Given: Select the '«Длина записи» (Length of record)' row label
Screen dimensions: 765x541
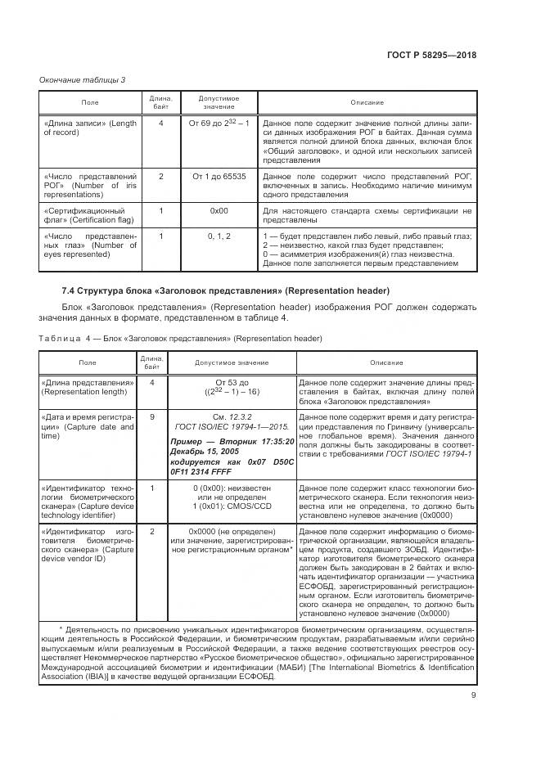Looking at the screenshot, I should pos(89,128).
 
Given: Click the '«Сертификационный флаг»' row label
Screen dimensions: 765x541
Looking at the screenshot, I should pos(89,215).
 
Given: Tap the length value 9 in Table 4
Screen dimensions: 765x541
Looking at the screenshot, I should pos(151,417).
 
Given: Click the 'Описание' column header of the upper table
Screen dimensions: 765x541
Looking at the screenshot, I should pos(367,101).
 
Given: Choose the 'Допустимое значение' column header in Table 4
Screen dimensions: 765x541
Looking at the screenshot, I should pos(229,362).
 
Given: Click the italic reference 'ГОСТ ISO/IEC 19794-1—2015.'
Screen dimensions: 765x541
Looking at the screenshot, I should pos(229,427).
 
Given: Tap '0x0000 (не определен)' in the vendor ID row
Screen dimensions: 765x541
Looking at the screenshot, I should pos(229,531).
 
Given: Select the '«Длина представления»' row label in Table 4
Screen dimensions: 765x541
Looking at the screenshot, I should pos(88,387).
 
